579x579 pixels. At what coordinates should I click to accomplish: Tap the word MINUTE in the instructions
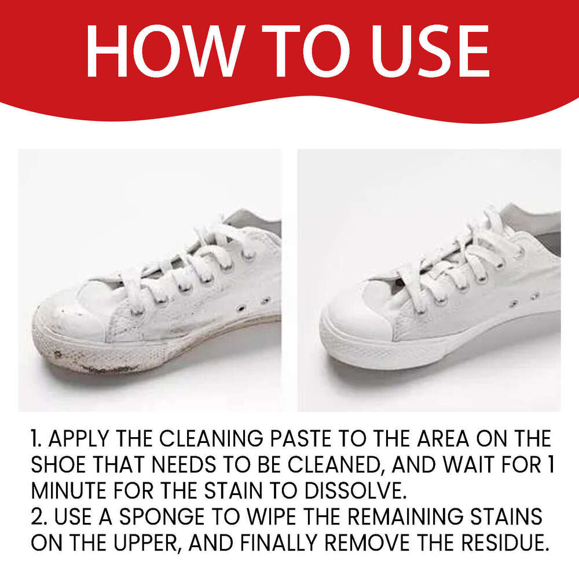tap(68, 491)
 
